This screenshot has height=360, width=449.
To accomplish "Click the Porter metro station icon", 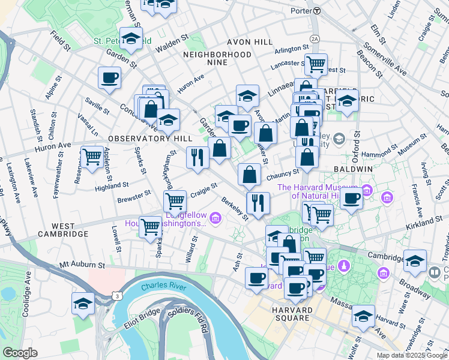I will coord(317,11).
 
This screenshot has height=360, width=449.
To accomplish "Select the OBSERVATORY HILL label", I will coord(142,138).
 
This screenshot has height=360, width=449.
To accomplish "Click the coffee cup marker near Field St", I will coord(110,77).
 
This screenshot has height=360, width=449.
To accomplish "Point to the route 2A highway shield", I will coord(315,38).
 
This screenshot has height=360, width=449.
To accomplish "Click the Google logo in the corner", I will coord(20,352).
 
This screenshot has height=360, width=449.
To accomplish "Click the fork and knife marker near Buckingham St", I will coord(197,158).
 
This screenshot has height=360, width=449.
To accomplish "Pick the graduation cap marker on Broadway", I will coord(414,262).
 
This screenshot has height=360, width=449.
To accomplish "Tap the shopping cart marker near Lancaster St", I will coord(316,64).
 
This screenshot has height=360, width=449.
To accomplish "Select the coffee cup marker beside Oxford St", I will coord(352,199).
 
